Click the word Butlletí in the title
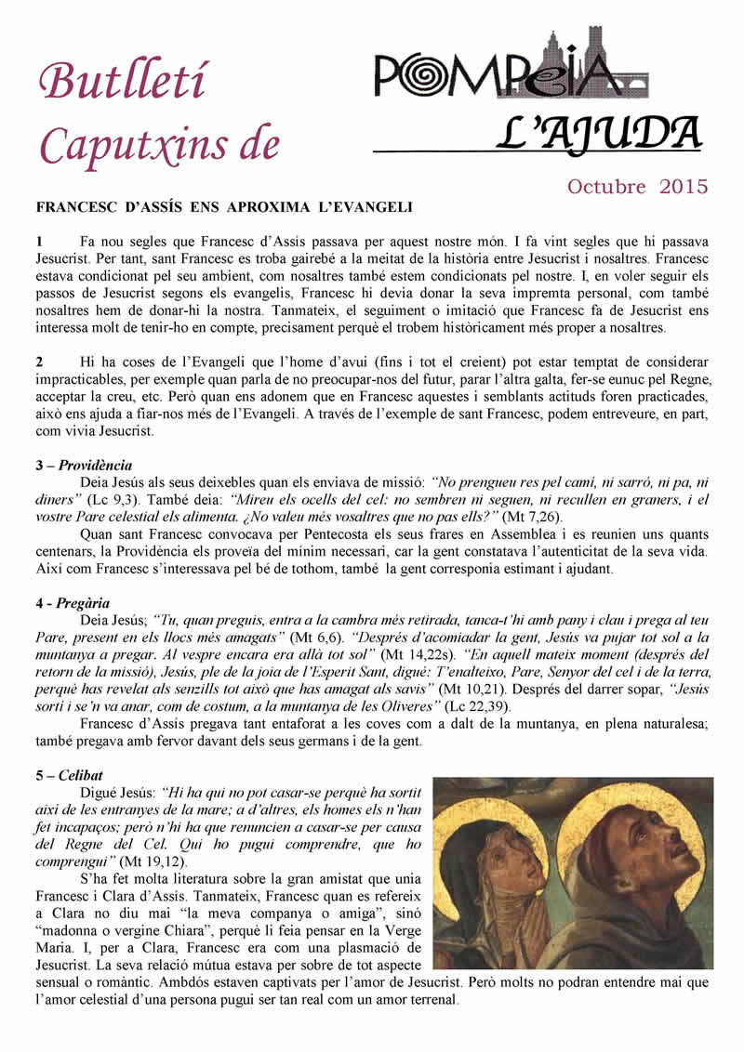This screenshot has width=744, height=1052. click(x=122, y=83)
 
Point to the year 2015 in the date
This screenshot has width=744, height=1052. click(x=684, y=186)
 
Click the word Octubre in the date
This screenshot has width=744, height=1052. click(x=606, y=186)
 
